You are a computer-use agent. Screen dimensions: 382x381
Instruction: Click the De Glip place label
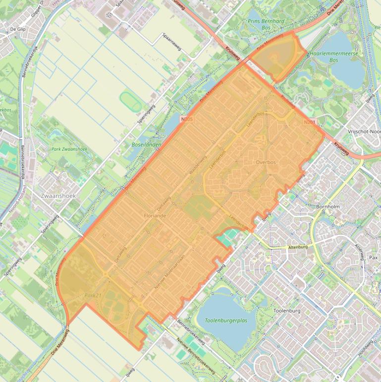(17, 30)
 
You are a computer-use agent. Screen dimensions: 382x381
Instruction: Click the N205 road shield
(187, 120)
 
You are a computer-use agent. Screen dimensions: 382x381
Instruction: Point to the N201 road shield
(310, 122)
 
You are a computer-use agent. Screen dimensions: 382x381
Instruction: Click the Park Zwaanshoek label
(69, 149)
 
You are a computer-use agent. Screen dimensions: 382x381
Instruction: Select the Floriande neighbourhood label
(155, 216)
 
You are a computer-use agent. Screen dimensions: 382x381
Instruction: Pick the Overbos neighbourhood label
(266, 162)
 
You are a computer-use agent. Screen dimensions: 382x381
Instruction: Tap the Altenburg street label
(298, 247)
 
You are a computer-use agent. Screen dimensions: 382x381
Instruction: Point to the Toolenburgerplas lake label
(226, 321)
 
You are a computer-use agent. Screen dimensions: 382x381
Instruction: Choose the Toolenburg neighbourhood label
(287, 311)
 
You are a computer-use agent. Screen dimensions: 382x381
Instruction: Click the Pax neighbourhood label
(374, 258)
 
